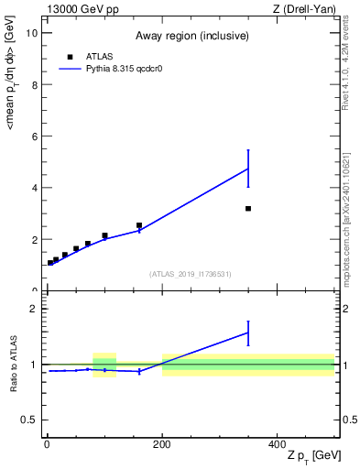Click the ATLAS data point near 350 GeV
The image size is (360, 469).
[x=248, y=209]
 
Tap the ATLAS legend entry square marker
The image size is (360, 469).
[x=70, y=56]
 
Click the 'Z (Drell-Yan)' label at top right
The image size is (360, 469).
[x=303, y=9]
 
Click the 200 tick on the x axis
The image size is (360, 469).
[x=162, y=443]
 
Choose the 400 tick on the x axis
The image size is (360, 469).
[x=278, y=443]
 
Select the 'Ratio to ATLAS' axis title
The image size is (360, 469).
[x=14, y=364]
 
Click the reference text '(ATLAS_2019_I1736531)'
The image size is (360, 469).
[x=191, y=274]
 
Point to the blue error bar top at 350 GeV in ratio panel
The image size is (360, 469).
[x=248, y=322]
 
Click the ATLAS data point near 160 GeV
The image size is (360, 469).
[x=139, y=225]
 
